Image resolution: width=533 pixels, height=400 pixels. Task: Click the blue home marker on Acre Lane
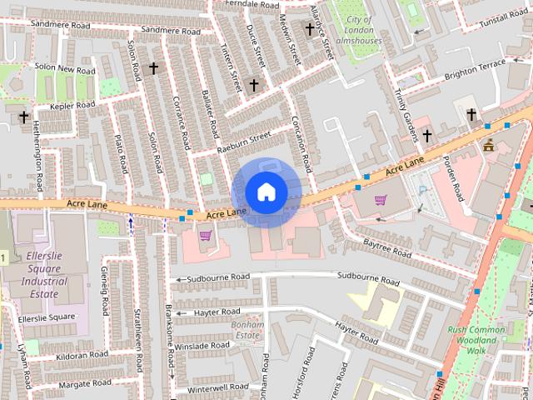click(x=266, y=192)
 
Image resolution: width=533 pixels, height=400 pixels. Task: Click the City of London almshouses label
click(x=360, y=31)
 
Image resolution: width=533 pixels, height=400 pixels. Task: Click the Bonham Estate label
click(x=248, y=328)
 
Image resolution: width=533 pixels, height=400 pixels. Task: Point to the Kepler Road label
click(x=72, y=106)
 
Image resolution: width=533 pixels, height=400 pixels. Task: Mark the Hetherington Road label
click(x=38, y=157)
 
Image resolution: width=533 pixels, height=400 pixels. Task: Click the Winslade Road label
click(x=197, y=345)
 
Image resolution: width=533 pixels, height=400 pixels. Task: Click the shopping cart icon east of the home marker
click(x=381, y=200)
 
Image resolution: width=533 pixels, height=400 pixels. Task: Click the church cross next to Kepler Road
click(x=23, y=117)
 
